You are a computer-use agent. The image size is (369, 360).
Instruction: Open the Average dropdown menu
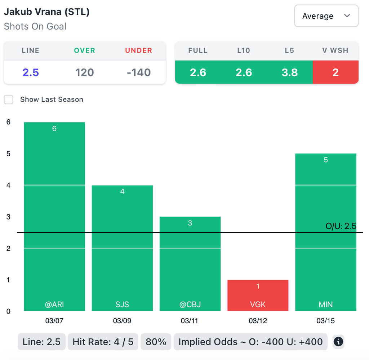[x=326, y=16]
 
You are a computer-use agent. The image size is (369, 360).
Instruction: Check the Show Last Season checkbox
[x=9, y=100]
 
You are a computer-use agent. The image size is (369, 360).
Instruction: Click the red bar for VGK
[x=258, y=295]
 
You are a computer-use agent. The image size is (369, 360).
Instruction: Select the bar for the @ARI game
[x=54, y=216]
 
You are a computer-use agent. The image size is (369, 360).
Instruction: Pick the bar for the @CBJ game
[x=190, y=263]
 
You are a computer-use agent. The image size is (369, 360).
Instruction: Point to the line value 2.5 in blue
[x=31, y=72]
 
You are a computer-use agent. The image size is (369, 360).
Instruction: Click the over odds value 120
[x=85, y=72]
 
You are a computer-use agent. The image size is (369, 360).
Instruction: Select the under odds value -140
[x=139, y=72]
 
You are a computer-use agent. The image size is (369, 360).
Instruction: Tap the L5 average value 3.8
[x=290, y=72]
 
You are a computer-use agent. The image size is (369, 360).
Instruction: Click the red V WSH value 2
[x=335, y=72]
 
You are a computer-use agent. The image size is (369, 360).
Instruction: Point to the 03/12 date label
[x=258, y=321]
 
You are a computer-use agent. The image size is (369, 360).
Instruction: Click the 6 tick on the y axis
[x=8, y=122]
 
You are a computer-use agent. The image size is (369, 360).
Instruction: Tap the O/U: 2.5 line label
[x=341, y=226]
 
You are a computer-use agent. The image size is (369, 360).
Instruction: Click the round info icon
[x=338, y=342]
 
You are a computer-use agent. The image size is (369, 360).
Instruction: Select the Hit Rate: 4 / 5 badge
[x=103, y=342]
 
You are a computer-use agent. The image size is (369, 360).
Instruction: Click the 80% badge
[x=156, y=342]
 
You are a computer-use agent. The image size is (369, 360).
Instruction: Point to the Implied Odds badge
[x=250, y=342]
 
